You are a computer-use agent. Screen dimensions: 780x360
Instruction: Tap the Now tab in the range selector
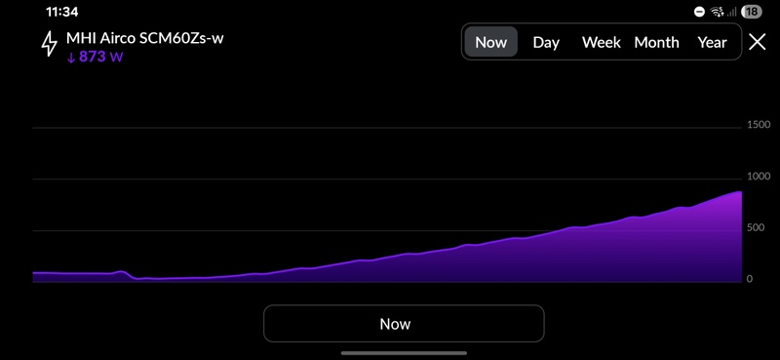pos(491,42)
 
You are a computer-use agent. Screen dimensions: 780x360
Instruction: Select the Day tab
pos(546,43)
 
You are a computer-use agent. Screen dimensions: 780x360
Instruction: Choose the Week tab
pos(601,43)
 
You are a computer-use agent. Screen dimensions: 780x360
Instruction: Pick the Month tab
pos(656,43)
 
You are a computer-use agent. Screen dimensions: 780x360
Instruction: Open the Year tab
pos(712,43)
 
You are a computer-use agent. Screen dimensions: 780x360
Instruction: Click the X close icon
pos(758,42)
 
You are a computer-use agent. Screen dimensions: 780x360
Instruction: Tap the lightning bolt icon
pos(49,44)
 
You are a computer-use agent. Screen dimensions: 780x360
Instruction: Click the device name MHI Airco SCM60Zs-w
pos(144,38)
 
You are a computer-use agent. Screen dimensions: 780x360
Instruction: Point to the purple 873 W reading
pos(95,57)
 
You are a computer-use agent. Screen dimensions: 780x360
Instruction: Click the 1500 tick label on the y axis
pos(759,125)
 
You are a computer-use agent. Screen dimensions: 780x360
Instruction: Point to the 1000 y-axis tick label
pos(759,177)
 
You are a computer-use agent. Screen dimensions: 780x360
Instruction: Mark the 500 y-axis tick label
pos(755,227)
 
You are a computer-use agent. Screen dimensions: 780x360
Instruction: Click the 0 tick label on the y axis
pos(750,279)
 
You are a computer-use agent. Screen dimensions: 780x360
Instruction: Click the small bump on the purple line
pos(121,272)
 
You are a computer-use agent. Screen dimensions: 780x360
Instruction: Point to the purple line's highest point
pos(740,191)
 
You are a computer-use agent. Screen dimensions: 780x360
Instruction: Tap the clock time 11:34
pos(61,12)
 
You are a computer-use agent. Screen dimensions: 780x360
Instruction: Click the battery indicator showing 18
pos(751,12)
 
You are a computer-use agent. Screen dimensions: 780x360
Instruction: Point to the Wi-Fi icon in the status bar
pos(717,12)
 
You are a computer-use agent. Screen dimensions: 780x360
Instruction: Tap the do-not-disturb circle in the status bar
pos(699,12)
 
